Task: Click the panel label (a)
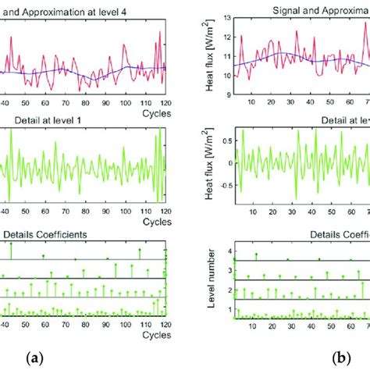coord(34,358)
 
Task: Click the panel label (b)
coord(341,358)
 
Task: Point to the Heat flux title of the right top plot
coord(208,55)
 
